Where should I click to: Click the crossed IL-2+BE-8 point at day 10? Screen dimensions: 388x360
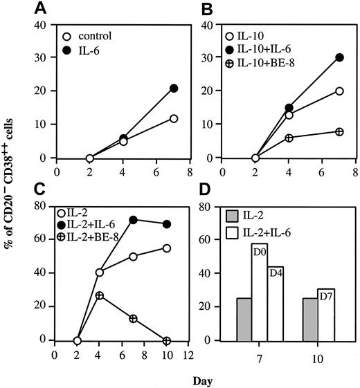166,340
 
